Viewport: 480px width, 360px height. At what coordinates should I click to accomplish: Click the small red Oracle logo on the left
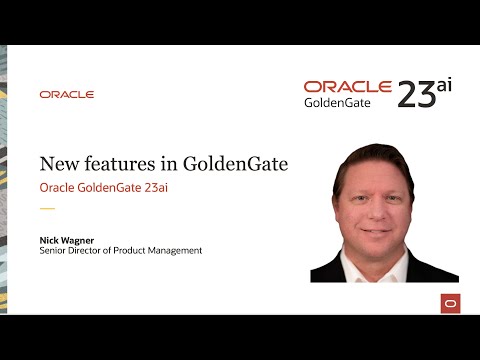pos(67,94)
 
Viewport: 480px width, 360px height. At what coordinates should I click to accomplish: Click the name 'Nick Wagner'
pos(64,239)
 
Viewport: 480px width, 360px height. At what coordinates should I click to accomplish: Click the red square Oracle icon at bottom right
pos(450,303)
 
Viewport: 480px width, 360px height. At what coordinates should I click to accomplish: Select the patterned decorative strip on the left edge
pos(3,180)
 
